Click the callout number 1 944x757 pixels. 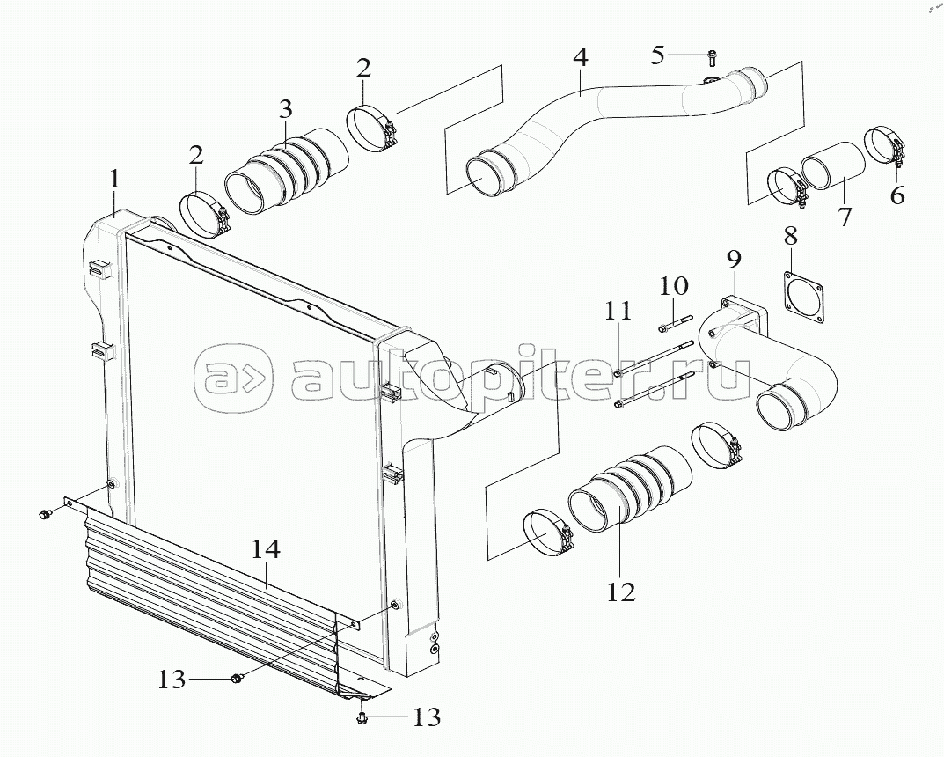113,180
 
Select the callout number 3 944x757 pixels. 285,110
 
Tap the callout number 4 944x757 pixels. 580,58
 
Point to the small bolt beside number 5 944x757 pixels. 711,58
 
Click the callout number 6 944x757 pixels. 896,195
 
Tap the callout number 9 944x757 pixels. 734,259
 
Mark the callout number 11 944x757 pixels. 618,311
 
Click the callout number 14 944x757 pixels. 266,551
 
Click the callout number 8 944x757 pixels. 790,235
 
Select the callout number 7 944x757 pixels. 845,217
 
